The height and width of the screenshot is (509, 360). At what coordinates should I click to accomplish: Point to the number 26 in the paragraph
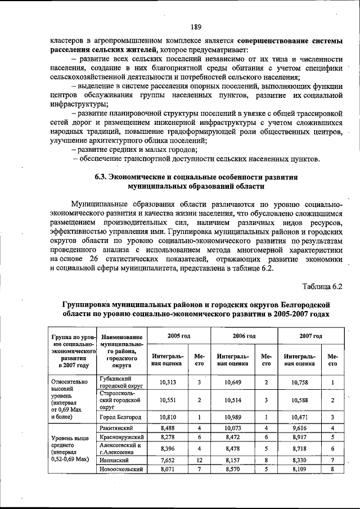point(93,258)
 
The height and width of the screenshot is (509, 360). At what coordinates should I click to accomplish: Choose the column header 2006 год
point(244,336)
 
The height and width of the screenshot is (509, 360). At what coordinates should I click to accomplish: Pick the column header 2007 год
point(310,336)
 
